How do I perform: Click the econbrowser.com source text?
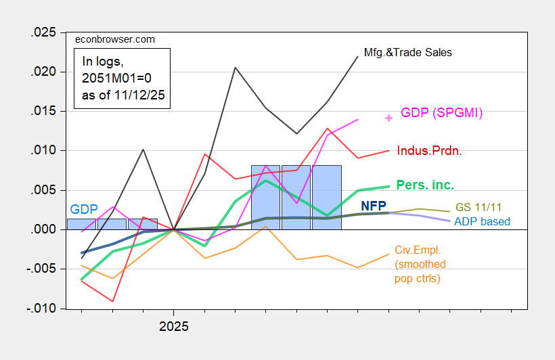click(114, 39)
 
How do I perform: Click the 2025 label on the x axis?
click(174, 325)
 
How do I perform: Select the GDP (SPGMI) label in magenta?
click(441, 113)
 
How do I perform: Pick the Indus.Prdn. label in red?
click(430, 151)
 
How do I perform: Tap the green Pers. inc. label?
click(424, 184)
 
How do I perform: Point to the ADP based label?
click(482, 221)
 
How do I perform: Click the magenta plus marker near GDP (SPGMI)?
click(388, 118)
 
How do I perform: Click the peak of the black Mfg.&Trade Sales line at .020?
click(235, 68)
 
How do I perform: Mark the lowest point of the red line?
click(112, 301)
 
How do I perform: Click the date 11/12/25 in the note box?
click(138, 97)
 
